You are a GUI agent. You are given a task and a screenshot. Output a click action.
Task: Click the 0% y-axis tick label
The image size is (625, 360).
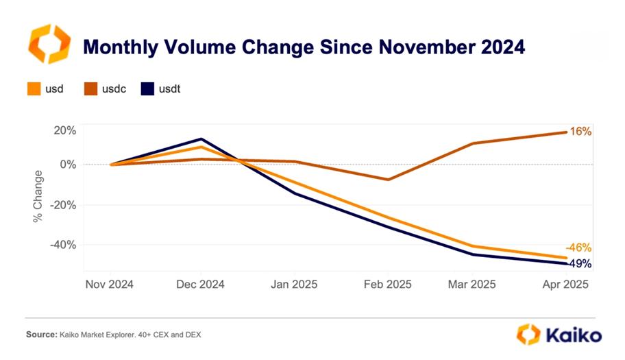click(x=68, y=165)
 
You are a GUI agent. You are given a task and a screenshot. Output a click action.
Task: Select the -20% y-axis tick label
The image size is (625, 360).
click(x=63, y=205)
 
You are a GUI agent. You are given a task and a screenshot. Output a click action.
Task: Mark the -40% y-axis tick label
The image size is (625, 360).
click(x=63, y=245)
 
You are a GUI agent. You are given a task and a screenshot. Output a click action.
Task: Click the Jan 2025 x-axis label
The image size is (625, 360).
click(x=295, y=284)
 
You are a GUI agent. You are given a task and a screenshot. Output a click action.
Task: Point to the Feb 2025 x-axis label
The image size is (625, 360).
click(x=387, y=284)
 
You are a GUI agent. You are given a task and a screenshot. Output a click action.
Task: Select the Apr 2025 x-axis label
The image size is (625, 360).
click(x=565, y=284)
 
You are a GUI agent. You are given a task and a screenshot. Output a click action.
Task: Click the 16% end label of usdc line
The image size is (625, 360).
click(x=580, y=131)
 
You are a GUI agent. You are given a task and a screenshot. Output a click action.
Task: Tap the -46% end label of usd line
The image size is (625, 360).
click(x=578, y=248)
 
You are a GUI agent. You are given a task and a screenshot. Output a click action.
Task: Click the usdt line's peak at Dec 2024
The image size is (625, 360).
click(x=201, y=139)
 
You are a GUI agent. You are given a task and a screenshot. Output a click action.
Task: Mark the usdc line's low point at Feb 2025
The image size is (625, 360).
click(x=389, y=180)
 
